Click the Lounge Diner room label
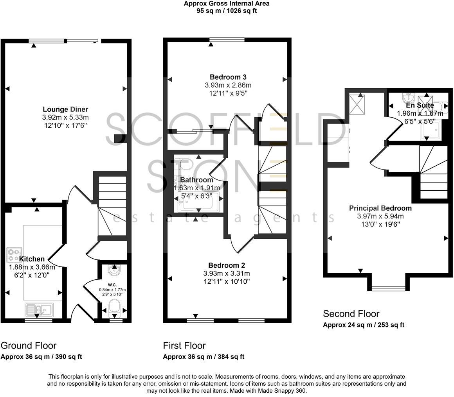pos(65,109)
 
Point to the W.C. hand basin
pos(114,269)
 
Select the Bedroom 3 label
pos(228,77)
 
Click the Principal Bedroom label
pos(380,208)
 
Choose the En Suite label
pos(420,106)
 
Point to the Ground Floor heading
pos(29,345)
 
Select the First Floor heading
pos(184,345)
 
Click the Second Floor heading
pos(351,313)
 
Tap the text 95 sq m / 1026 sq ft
pos(227,11)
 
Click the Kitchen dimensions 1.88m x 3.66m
pos(32,267)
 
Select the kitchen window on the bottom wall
pos(38,320)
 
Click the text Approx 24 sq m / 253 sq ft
pos(363,325)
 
